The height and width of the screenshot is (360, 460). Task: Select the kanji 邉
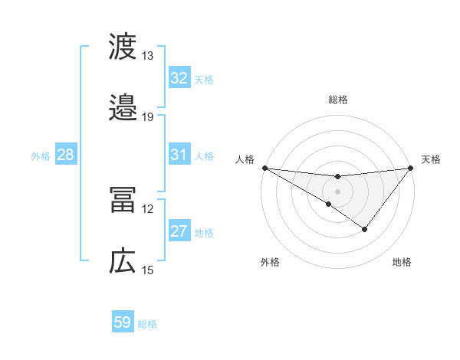pyautogui.click(x=123, y=108)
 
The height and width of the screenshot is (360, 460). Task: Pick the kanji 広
pyautogui.click(x=123, y=260)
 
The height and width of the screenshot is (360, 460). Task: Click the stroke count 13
pyautogui.click(x=148, y=56)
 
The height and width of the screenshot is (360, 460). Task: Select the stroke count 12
pyautogui.click(x=148, y=208)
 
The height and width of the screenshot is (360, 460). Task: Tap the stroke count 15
pyautogui.click(x=148, y=270)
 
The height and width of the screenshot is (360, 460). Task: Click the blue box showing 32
pyautogui.click(x=179, y=78)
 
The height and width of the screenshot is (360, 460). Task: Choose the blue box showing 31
pyautogui.click(x=179, y=155)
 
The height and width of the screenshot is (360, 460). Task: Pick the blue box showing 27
pyautogui.click(x=179, y=231)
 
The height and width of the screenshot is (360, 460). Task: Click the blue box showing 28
pyautogui.click(x=65, y=155)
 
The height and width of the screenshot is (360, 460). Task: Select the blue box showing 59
pyautogui.click(x=122, y=322)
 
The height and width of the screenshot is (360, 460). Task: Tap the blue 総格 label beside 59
pyautogui.click(x=148, y=324)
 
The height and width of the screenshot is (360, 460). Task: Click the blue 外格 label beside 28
pyautogui.click(x=41, y=156)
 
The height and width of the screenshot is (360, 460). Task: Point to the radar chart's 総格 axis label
pyautogui.click(x=338, y=100)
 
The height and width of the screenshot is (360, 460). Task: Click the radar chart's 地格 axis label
pyautogui.click(x=402, y=262)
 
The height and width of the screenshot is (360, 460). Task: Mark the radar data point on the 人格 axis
pyautogui.click(x=264, y=168)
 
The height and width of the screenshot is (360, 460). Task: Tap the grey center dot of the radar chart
pyautogui.click(x=338, y=191)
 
